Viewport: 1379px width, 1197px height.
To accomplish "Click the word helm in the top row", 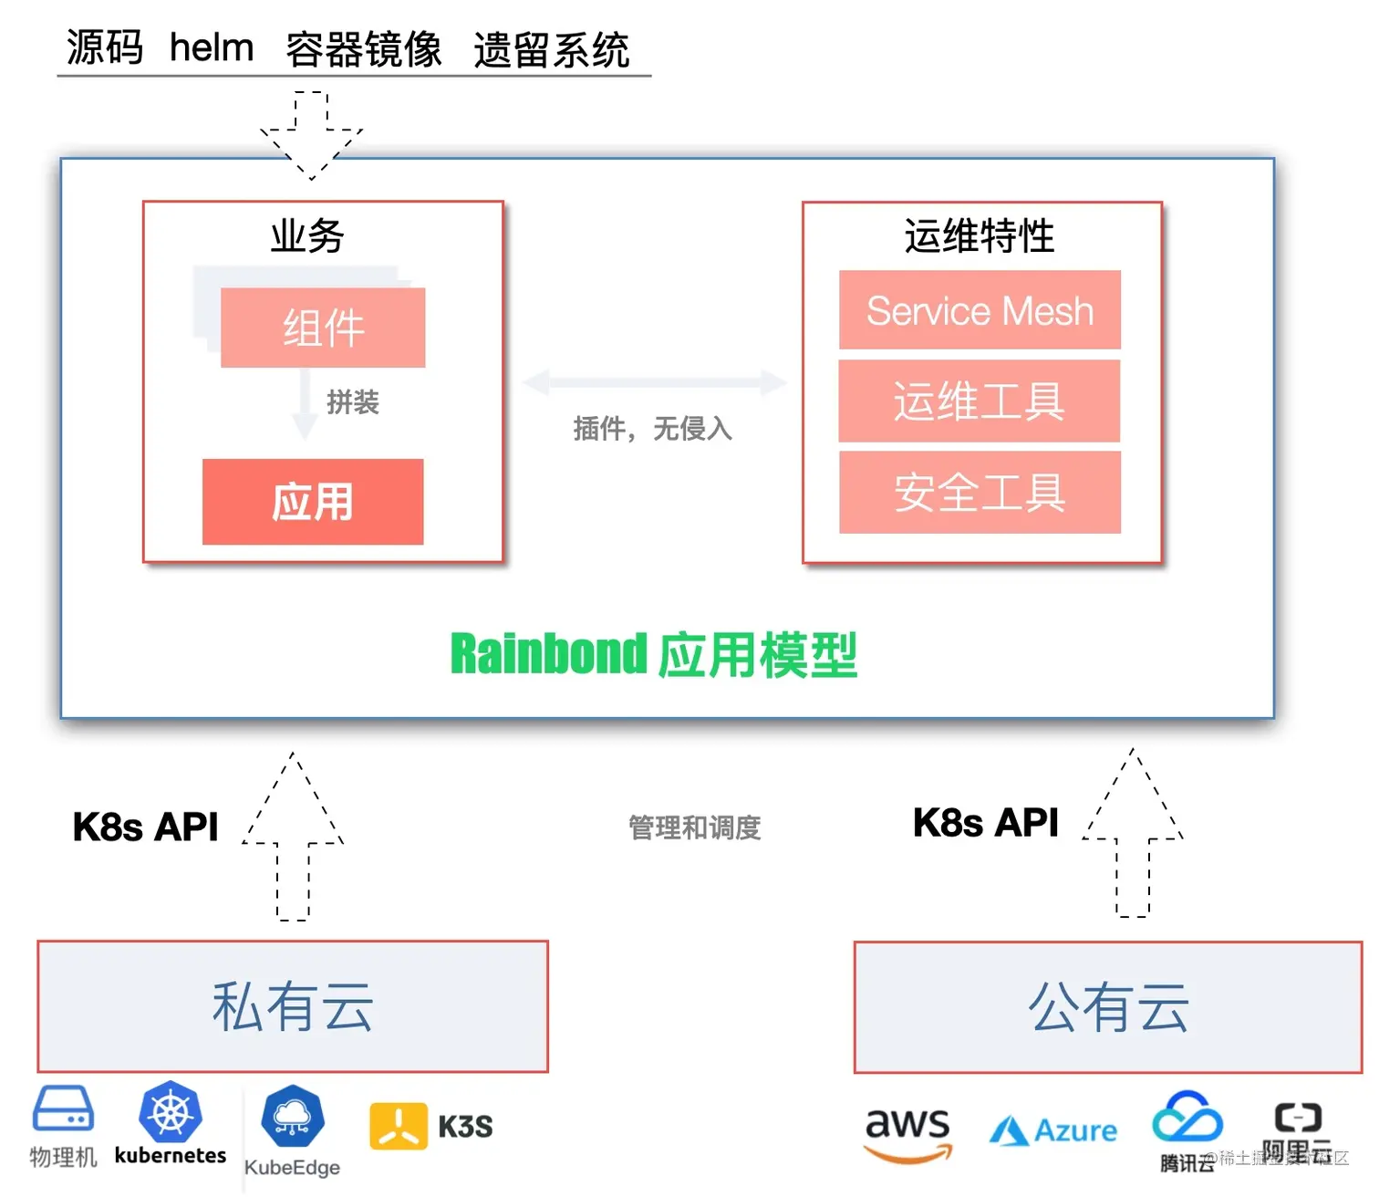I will coord(212,47).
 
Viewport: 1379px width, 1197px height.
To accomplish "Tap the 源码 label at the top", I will coord(105,47).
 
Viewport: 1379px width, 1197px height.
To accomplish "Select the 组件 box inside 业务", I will coord(323,328).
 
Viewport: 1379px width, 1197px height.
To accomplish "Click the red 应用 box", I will coord(313,502).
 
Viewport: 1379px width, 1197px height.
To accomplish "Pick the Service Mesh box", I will coord(980,310).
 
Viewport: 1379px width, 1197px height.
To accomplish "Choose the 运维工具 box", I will coord(980,401).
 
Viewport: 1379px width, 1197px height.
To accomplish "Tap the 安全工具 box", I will coord(980,492).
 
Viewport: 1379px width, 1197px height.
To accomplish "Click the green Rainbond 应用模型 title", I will coord(654,654).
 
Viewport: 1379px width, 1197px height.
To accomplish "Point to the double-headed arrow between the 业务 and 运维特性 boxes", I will coord(654,382).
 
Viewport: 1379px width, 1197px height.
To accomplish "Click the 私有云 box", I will coord(293,1006).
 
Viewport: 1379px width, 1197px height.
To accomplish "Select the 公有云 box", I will coord(1108,1007).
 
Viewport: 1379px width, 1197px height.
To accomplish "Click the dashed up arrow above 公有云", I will coord(1133,835).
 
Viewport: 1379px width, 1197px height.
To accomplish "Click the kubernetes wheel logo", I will coord(171,1113).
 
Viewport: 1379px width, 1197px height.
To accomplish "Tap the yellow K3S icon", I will coord(399,1126).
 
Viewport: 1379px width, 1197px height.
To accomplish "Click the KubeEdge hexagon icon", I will coord(292,1116).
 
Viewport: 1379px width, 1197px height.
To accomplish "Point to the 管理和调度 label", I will coord(695,827).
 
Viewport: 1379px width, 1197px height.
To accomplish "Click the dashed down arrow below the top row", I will coord(311,134).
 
